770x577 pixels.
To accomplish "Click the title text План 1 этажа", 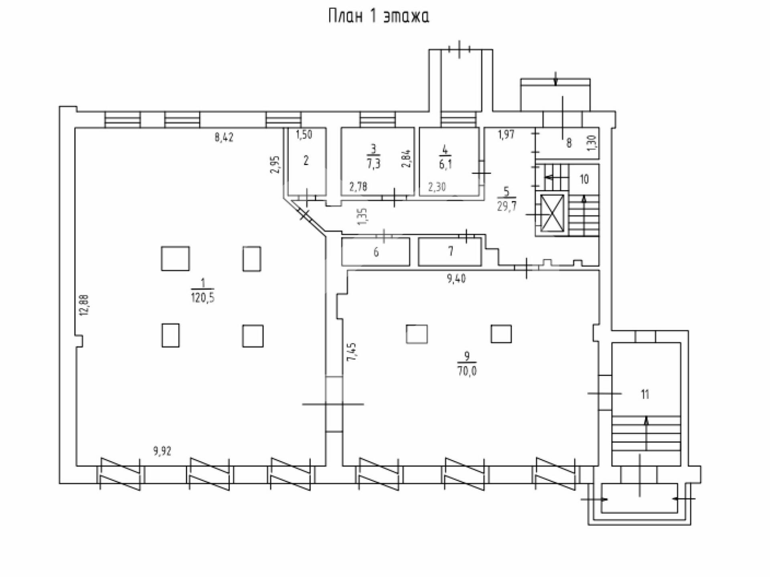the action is point(379,16).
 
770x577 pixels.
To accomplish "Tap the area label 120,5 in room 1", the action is point(203,298).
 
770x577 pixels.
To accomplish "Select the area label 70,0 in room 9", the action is point(467,371).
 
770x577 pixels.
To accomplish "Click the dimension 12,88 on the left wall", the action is point(84,305).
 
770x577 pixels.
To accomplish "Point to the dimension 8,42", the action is point(224,137).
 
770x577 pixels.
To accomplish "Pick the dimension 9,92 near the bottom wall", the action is point(162,451).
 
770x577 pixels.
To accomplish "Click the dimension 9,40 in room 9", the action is point(456,278).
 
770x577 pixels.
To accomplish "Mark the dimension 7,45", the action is point(351,352).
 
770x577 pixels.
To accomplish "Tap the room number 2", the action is point(306,161).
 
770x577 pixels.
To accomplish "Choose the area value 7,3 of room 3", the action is point(373,163).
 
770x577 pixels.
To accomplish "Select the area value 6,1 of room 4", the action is point(445,163).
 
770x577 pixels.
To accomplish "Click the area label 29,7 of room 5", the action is point(507,206).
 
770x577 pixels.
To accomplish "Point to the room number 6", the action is point(376,252).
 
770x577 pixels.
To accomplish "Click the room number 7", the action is point(451,251).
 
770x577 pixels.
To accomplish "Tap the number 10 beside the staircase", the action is point(584,179).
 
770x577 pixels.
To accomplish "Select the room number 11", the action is point(645,395).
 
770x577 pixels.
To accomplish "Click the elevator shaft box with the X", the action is point(552,214).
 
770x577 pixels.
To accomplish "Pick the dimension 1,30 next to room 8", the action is point(592,143).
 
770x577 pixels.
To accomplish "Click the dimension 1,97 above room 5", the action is point(506,135).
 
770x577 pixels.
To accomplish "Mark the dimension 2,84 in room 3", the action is point(406,158).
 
